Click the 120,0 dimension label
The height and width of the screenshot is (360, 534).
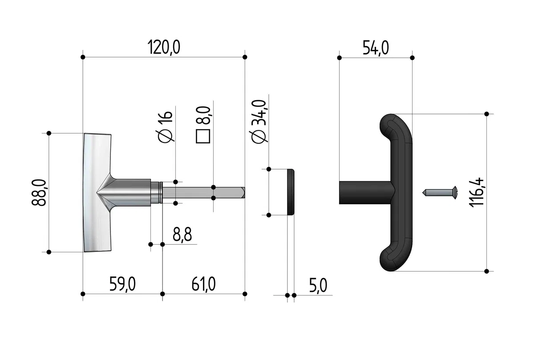point(164,47)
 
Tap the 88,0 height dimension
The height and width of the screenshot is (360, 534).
point(39,192)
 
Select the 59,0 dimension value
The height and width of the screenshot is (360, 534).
point(122,284)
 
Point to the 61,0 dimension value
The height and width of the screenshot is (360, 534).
point(204,284)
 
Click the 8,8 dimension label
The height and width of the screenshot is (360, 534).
point(182,235)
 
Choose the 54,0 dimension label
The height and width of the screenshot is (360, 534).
point(376,48)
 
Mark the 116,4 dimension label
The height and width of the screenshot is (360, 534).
point(476,192)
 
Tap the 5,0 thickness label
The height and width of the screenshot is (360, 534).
point(318,285)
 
